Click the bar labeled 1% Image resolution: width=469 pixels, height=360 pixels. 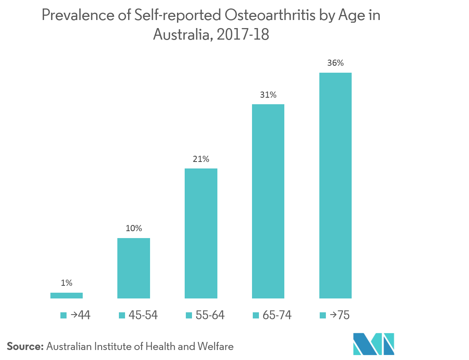[x=67, y=295]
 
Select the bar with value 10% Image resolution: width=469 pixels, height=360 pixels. [x=134, y=268]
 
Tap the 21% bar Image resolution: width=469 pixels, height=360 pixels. [x=201, y=233]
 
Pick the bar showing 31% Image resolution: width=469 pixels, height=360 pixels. [x=268, y=201]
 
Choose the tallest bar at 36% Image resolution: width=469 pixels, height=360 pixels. [x=335, y=185]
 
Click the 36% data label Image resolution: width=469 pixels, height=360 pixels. [x=335, y=63]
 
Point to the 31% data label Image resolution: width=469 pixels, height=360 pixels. [x=268, y=95]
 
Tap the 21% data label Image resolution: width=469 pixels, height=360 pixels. [x=201, y=159]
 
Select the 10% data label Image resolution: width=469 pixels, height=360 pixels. [x=134, y=228]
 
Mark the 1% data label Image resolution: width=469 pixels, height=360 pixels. [x=67, y=283]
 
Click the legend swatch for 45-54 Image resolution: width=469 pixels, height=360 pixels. [x=122, y=316]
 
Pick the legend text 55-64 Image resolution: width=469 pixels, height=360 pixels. [x=210, y=315]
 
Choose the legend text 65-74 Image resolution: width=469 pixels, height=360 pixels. [x=277, y=315]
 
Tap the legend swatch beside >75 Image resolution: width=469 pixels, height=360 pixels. [x=323, y=316]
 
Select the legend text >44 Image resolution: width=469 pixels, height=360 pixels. [x=80, y=315]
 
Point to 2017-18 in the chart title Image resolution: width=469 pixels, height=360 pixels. [x=243, y=35]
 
